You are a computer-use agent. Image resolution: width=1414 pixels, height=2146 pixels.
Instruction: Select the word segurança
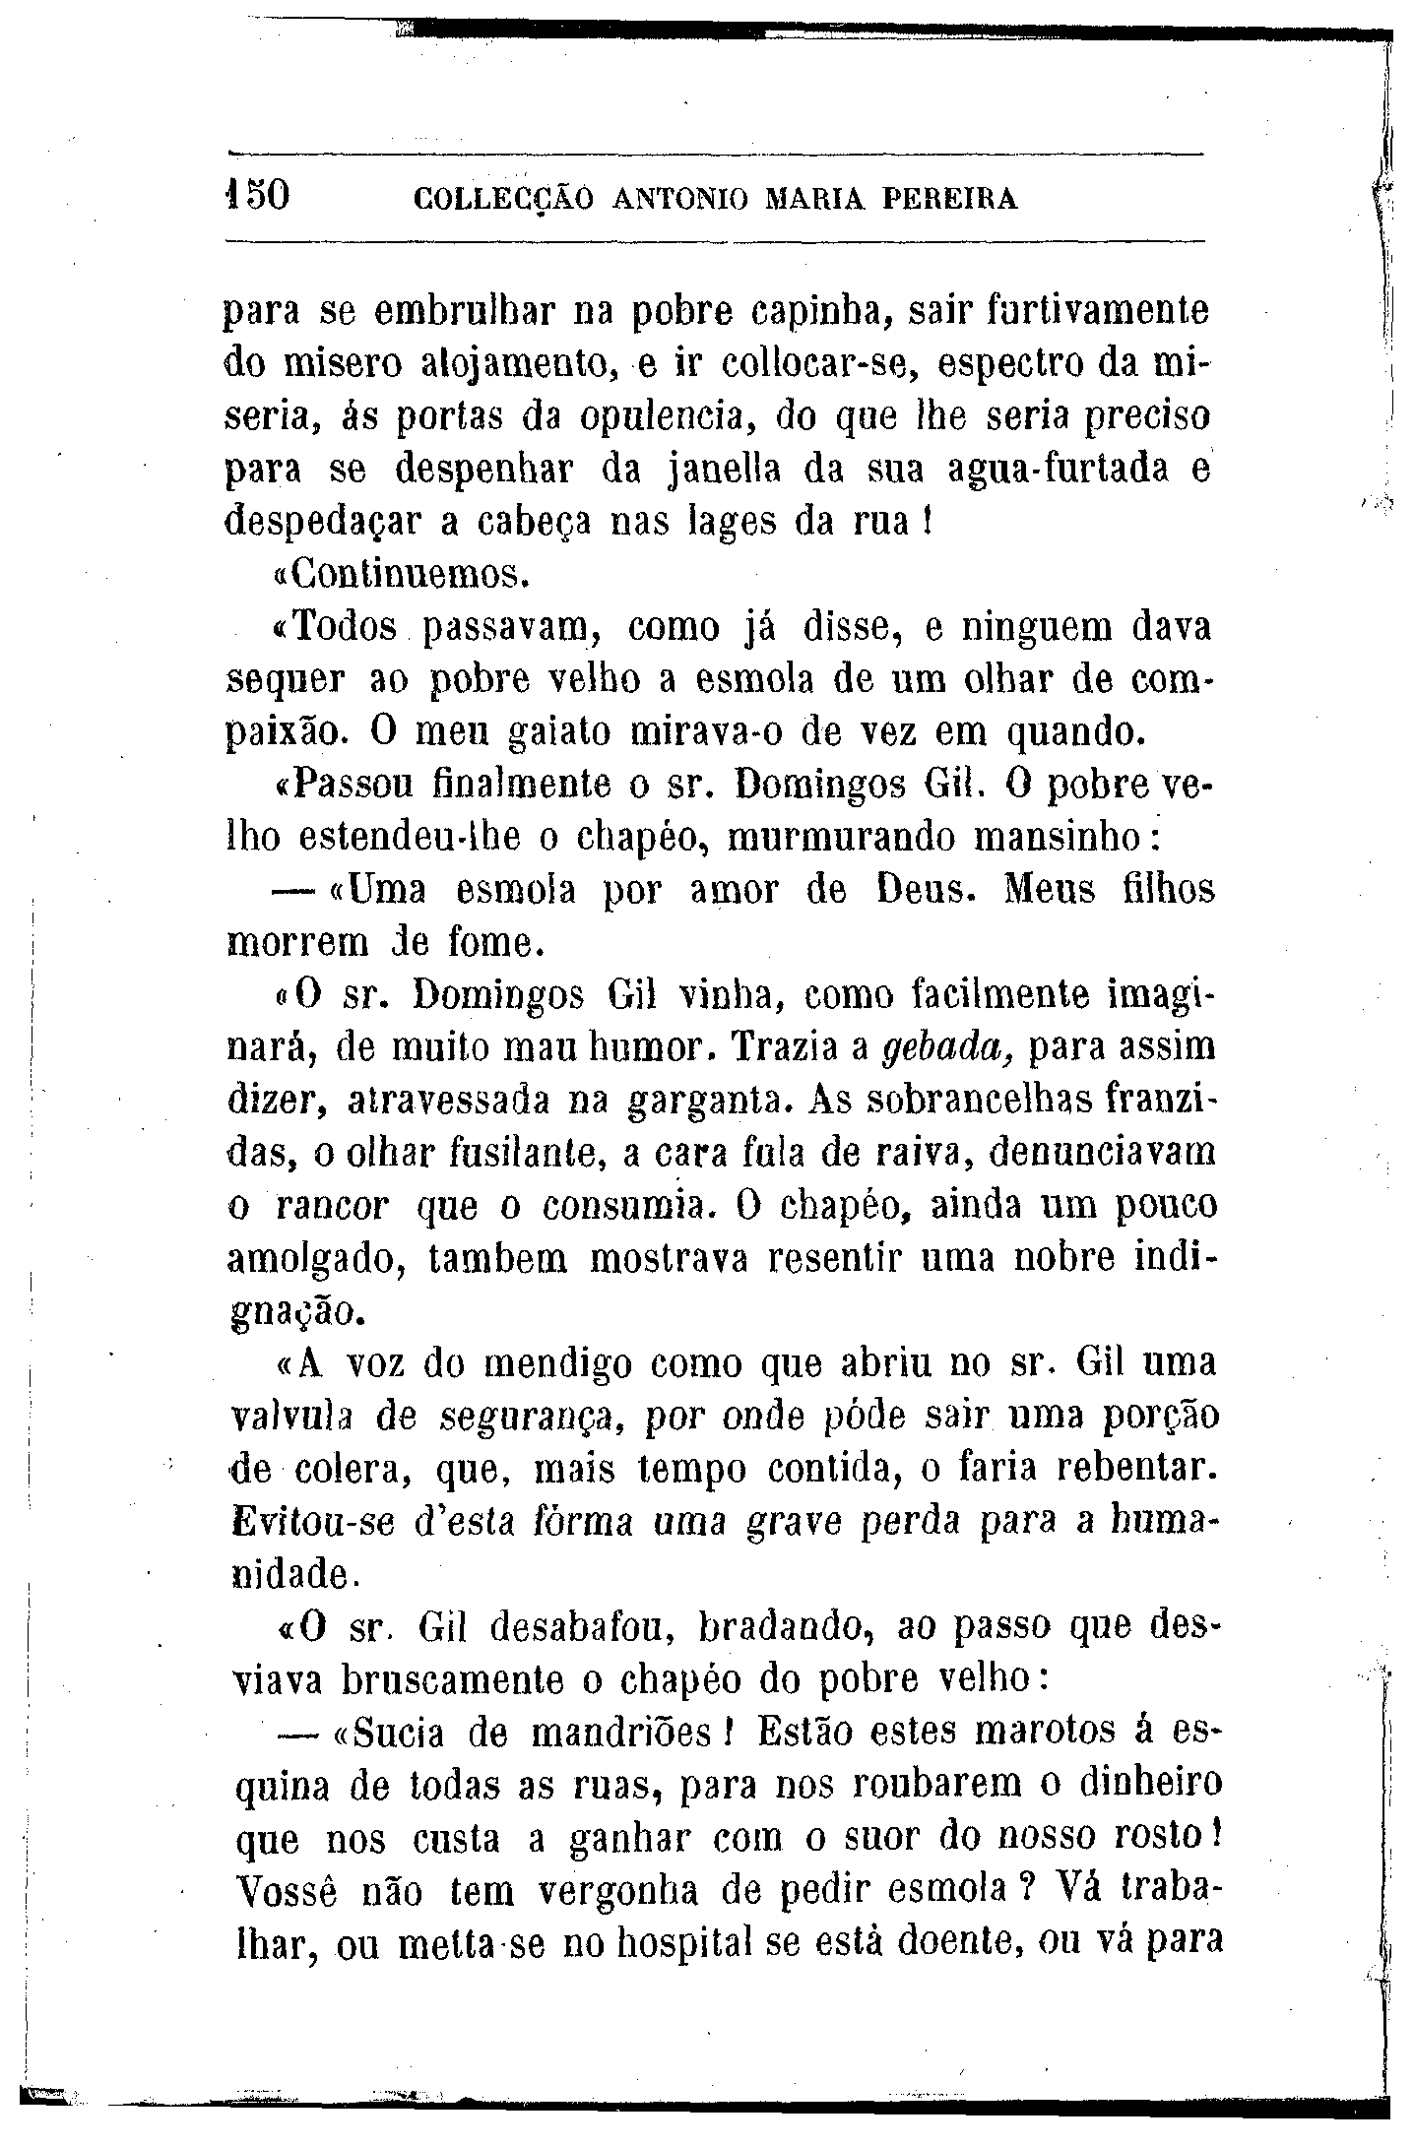(x=530, y=1419)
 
